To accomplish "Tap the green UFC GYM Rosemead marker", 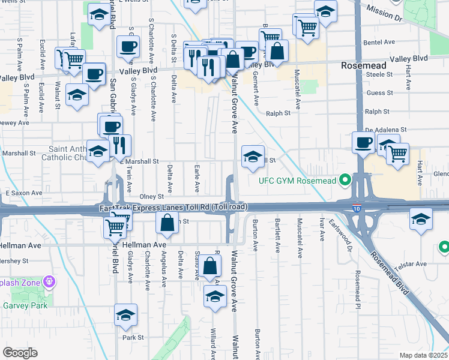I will (345, 179).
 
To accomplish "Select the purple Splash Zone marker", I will (49, 281).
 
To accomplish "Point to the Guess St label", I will (379, 93).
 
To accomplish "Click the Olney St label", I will (151, 196).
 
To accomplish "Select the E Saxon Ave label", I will (24, 193).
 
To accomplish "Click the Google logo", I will (20, 353).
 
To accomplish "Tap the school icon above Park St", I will (125, 314).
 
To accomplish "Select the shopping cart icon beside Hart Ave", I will (397, 154).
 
